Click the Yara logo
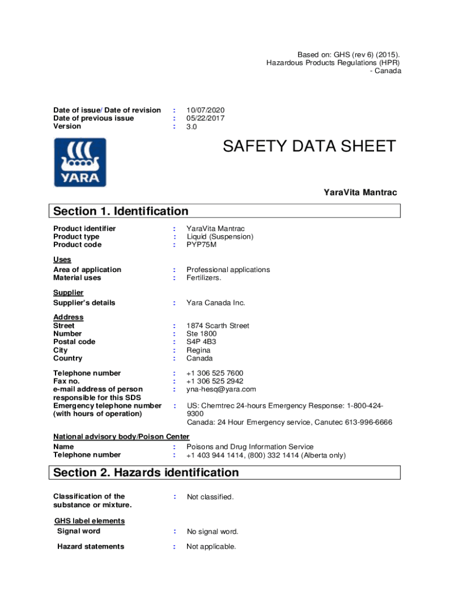point(80,162)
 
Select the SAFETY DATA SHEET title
point(309,146)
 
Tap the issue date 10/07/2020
point(205,110)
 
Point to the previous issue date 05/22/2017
point(205,118)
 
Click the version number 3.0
point(192,126)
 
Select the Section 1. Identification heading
point(121,211)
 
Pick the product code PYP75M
point(202,245)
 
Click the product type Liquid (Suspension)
point(220,236)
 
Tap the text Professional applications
point(228,270)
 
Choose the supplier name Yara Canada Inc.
point(216,302)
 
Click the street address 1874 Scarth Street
point(217,326)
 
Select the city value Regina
point(198,350)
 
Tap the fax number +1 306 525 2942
point(214,381)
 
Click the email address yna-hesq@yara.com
point(221,389)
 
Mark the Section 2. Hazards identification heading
point(146,472)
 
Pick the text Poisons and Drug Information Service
point(250,447)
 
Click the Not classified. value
point(210,497)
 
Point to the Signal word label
point(78,531)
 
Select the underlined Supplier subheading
point(68,292)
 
